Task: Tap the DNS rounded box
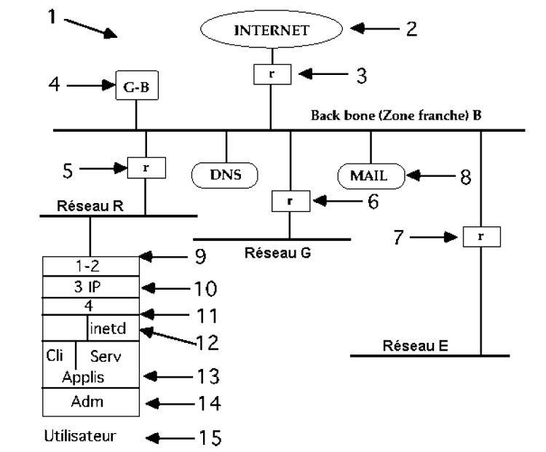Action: [x=226, y=175]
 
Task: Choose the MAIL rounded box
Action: [x=371, y=175]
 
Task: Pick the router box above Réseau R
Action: [x=146, y=167]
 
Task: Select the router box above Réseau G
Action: [x=289, y=200]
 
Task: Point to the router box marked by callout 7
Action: [x=481, y=237]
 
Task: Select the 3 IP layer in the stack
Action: [x=90, y=287]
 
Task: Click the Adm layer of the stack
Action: [x=90, y=401]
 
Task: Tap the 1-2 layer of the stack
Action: [x=90, y=266]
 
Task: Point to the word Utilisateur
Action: [x=80, y=437]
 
